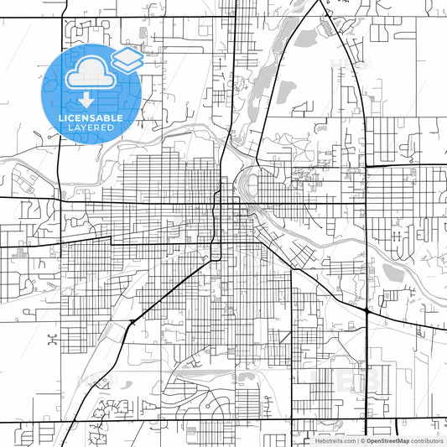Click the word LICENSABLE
pyautogui.click(x=91, y=118)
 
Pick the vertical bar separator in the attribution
pyautogui.click(x=356, y=440)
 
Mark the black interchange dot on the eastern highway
pyautogui.click(x=367, y=312)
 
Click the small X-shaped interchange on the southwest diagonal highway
pyautogui.click(x=132, y=322)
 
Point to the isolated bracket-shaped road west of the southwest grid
pyautogui.click(x=52, y=340)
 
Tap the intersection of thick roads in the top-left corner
pyautogui.click(x=62, y=17)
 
